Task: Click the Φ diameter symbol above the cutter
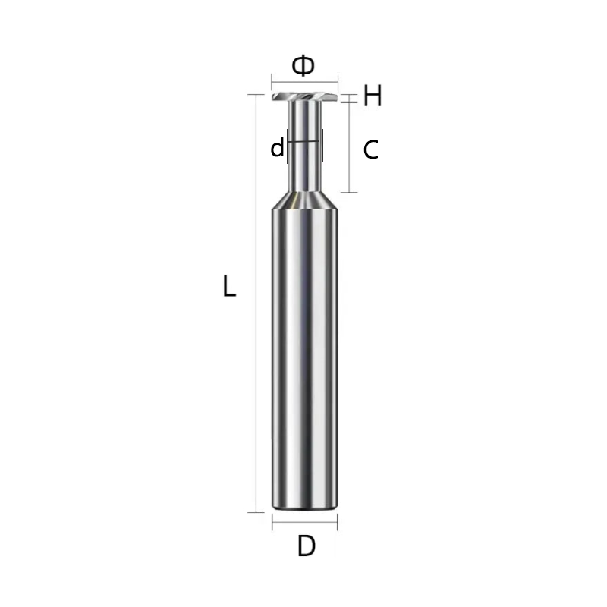pos(303,66)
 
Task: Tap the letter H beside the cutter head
pos(372,96)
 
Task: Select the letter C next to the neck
pos(371,150)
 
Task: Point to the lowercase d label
pos(277,148)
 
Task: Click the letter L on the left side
pos(229,288)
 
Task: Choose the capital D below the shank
pos(306,546)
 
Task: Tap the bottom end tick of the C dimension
pos(350,192)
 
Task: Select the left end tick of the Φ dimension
pos(272,82)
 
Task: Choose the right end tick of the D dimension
pos(338,523)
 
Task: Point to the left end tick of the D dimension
pos(272,523)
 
